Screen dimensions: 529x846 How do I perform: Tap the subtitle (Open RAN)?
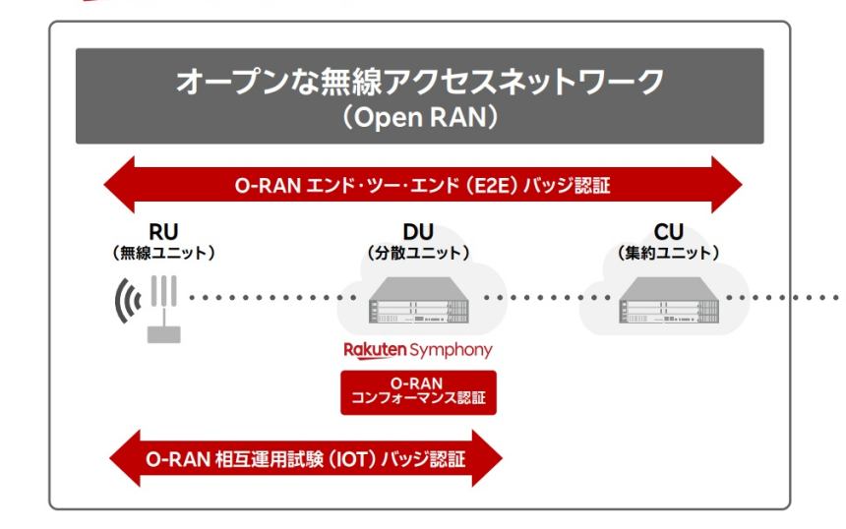click(419, 118)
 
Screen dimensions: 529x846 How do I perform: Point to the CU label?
click(662, 233)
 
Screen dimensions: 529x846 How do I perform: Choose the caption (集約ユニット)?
click(662, 252)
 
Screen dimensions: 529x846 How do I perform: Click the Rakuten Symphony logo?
click(412, 350)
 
